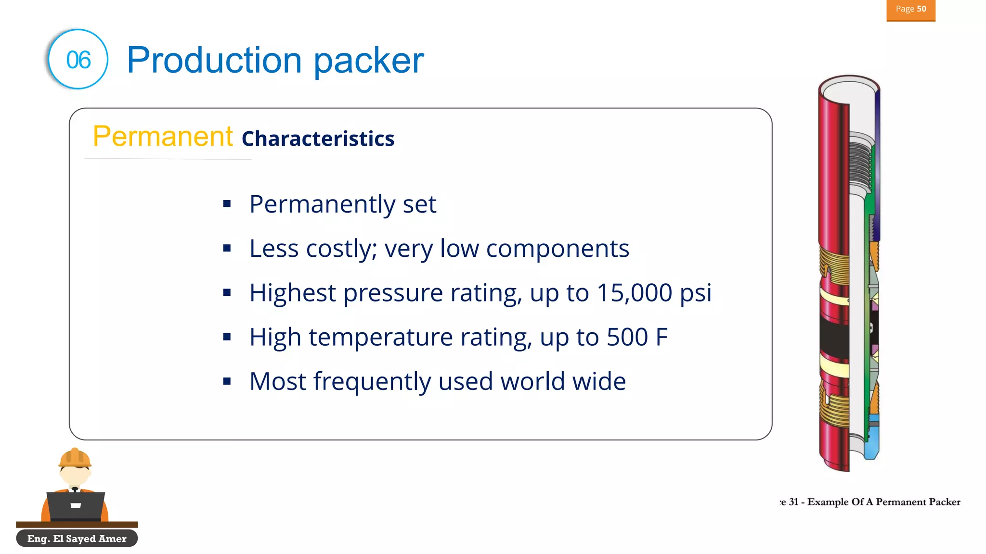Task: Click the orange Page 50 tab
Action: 910,10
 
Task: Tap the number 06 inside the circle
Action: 78,60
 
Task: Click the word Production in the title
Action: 214,61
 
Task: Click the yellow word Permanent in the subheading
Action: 163,137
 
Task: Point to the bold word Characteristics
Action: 318,139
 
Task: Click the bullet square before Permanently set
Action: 227,204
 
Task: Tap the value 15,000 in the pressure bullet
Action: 634,293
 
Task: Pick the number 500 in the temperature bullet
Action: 627,337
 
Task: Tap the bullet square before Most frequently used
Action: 227,381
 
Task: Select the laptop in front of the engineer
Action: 76,505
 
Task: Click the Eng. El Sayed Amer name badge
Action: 77,539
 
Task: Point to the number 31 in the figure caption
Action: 794,502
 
